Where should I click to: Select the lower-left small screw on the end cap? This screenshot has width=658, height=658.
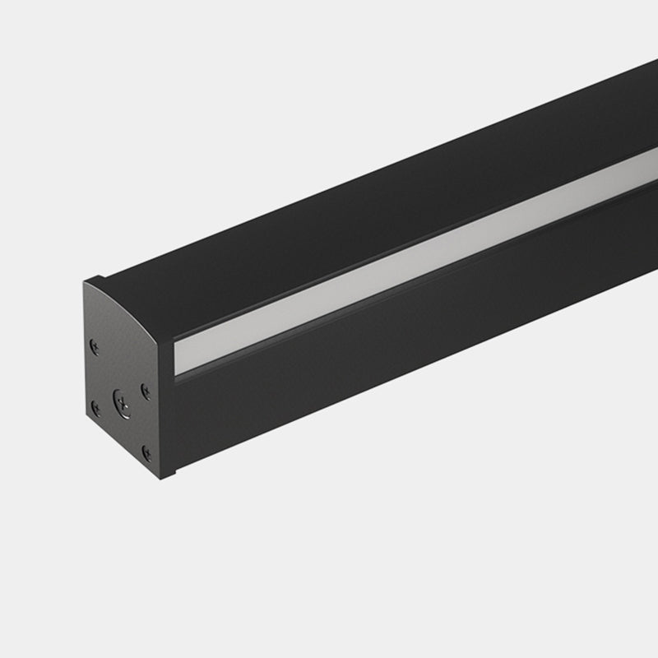click(96, 407)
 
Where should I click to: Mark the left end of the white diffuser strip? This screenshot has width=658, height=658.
click(178, 359)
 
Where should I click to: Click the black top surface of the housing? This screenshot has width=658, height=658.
click(370, 189)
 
